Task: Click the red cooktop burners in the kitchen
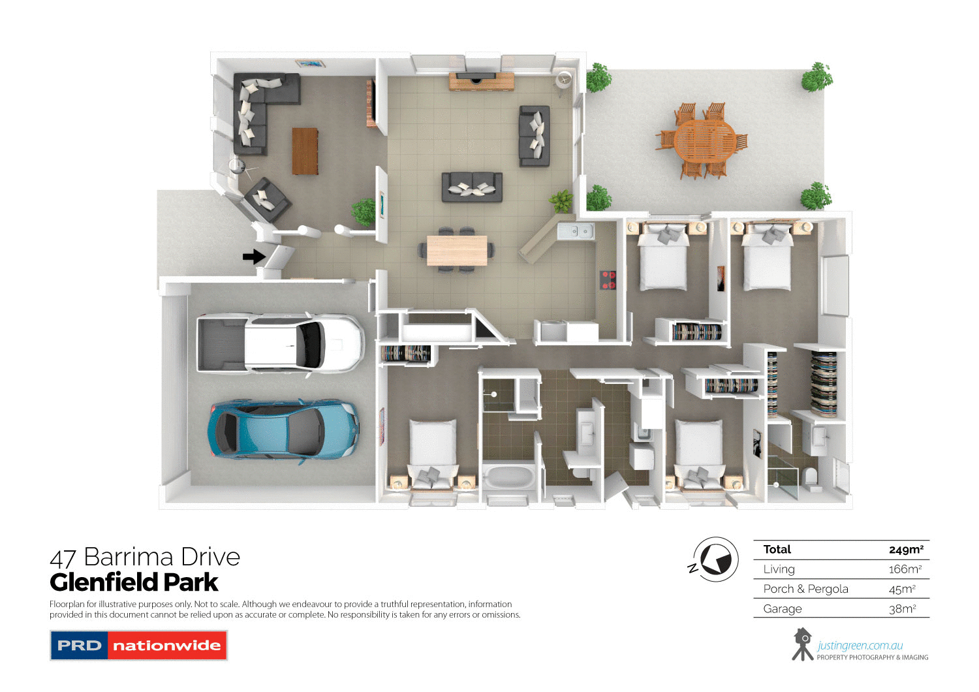point(608,280)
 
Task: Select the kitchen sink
point(574,230)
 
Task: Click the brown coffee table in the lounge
point(305,151)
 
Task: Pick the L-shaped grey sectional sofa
point(258,108)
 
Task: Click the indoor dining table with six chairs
point(457,250)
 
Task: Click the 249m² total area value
point(905,550)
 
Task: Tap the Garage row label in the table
point(782,609)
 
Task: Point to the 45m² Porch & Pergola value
point(902,589)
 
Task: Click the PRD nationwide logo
point(138,645)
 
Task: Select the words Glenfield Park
point(134,582)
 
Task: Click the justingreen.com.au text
point(860,646)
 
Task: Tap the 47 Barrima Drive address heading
point(145,557)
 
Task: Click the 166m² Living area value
point(905,569)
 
